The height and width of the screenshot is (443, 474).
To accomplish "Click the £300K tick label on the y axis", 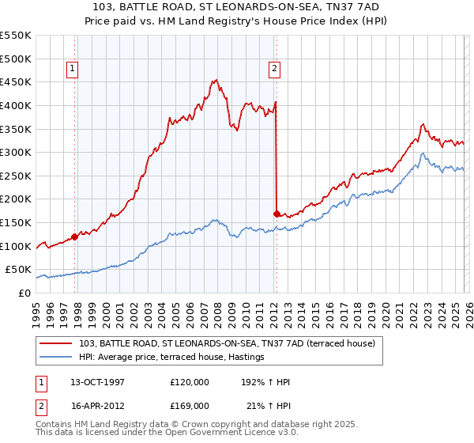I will [15, 152].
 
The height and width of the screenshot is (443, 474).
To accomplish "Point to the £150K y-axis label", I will [15, 222].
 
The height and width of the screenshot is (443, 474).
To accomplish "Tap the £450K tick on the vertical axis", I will [15, 81].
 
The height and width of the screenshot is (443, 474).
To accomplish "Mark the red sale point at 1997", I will [74, 236].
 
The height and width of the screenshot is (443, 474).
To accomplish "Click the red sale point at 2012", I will [276, 213].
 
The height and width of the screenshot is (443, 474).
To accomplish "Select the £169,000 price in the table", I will [190, 405].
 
